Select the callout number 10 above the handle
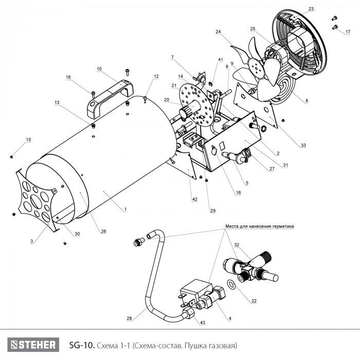[99, 68]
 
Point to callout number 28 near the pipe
[129, 319]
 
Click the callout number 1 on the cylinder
[124, 209]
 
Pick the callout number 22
[254, 301]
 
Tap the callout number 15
[29, 139]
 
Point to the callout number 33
[303, 146]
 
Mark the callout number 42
[195, 199]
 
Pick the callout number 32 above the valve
[237, 245]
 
